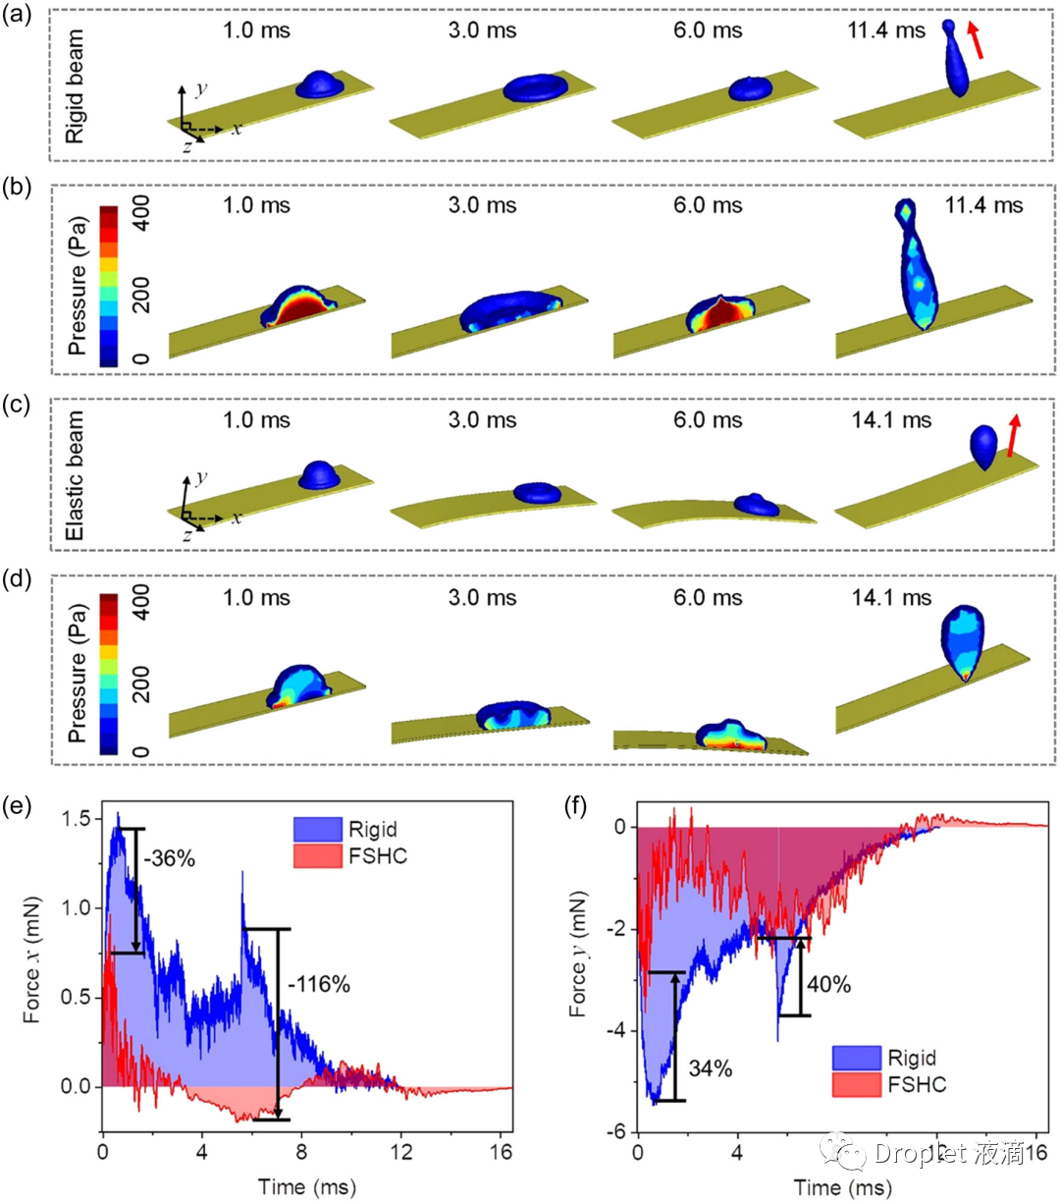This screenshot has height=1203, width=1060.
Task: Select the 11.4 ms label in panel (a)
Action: pyautogui.click(x=886, y=30)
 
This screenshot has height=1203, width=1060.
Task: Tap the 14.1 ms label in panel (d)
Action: pyautogui.click(x=890, y=597)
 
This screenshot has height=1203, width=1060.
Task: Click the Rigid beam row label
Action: pyautogui.click(x=75, y=86)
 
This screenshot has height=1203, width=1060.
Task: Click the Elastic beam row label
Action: pyautogui.click(x=75, y=475)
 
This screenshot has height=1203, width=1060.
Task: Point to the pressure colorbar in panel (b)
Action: pyautogui.click(x=109, y=286)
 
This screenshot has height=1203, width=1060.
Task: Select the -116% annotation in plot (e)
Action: pyautogui.click(x=319, y=983)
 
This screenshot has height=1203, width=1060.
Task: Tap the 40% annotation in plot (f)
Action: pyautogui.click(x=829, y=983)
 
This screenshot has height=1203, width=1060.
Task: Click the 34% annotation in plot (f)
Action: pyautogui.click(x=710, y=1068)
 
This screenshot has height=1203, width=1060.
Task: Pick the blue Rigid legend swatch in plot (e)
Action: pyautogui.click(x=317, y=830)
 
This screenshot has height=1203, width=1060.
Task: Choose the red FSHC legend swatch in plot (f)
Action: pyautogui.click(x=856, y=1085)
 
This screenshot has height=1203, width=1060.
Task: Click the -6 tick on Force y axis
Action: pyautogui.click(x=620, y=1132)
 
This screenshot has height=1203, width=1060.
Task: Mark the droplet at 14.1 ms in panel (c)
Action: pyautogui.click(x=984, y=446)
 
